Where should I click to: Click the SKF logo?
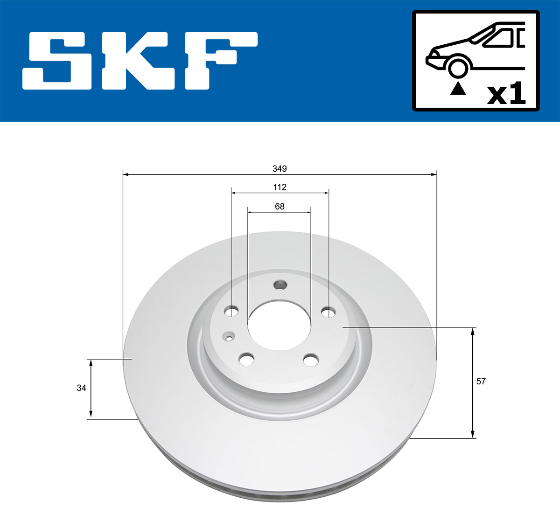pyautogui.click(x=140, y=61)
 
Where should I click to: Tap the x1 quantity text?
pyautogui.click(x=506, y=94)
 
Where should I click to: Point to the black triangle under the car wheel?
pyautogui.click(x=458, y=89)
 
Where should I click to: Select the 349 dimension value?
pyautogui.click(x=280, y=168)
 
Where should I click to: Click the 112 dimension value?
pyautogui.click(x=280, y=187)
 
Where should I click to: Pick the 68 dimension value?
pyautogui.click(x=280, y=206)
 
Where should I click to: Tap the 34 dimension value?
pyautogui.click(x=82, y=388)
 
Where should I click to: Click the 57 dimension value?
pyautogui.click(x=481, y=381)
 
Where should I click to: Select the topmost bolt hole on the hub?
pyautogui.click(x=280, y=284)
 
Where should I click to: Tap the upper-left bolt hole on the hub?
pyautogui.click(x=231, y=311)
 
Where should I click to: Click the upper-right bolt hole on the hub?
pyautogui.click(x=329, y=311)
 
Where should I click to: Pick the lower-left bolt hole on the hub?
pyautogui.click(x=246, y=359)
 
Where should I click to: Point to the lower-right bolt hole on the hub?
pyautogui.click(x=310, y=360)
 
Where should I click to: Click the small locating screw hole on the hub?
pyautogui.click(x=229, y=335)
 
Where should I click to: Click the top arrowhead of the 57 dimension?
pyautogui.click(x=473, y=331)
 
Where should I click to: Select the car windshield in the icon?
pyautogui.click(x=500, y=38)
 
